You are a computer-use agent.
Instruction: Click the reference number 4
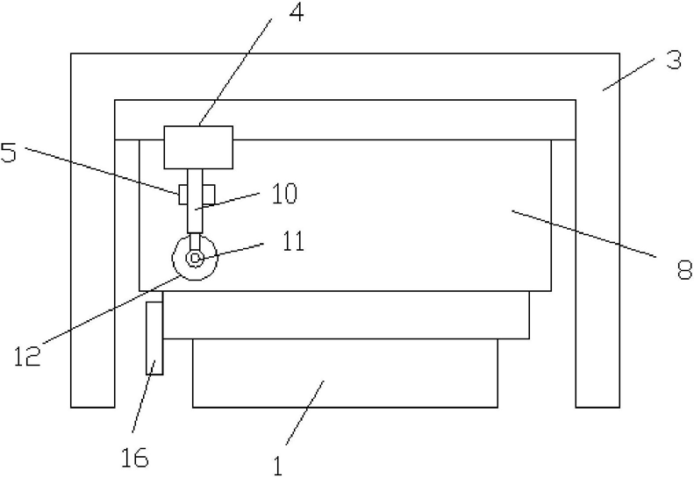[297, 12]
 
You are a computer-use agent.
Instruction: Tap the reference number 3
[674, 61]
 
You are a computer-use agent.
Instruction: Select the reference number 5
[9, 153]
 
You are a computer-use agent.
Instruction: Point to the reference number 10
[284, 194]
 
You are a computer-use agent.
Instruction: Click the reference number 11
[293, 242]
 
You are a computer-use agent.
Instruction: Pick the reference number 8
[685, 269]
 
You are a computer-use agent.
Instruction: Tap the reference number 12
[27, 356]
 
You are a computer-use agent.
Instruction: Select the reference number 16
[135, 457]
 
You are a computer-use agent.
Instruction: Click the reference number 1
[278, 466]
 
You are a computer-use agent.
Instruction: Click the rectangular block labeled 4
[198, 147]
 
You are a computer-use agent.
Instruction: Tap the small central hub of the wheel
[194, 258]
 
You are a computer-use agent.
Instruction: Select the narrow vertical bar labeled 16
[154, 338]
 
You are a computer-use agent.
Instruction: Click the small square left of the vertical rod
[182, 195]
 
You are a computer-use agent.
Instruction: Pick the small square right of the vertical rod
[209, 195]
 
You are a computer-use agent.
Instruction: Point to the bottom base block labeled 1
[345, 373]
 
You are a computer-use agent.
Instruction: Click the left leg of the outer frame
[93, 230]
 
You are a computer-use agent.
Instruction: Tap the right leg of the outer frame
[597, 230]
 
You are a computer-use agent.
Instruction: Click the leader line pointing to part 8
[583, 233]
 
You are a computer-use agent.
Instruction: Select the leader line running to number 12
[111, 309]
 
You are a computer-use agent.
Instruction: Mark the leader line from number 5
[102, 170]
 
